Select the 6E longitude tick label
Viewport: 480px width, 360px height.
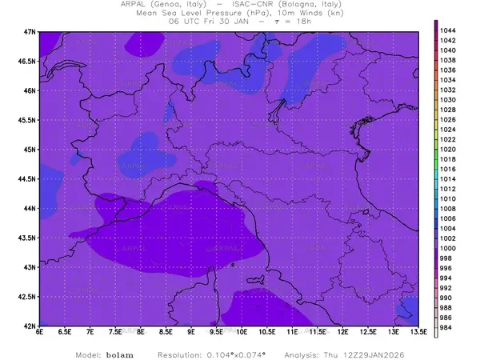coord(39,332)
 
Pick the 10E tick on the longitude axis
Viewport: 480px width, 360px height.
coord(242,332)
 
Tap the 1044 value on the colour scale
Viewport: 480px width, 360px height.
coord(449,30)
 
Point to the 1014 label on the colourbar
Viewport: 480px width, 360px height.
coord(449,179)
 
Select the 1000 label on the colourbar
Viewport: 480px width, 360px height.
coord(449,249)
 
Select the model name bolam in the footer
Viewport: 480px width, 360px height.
coord(120,354)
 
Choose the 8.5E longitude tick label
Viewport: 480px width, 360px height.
coord(166,332)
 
